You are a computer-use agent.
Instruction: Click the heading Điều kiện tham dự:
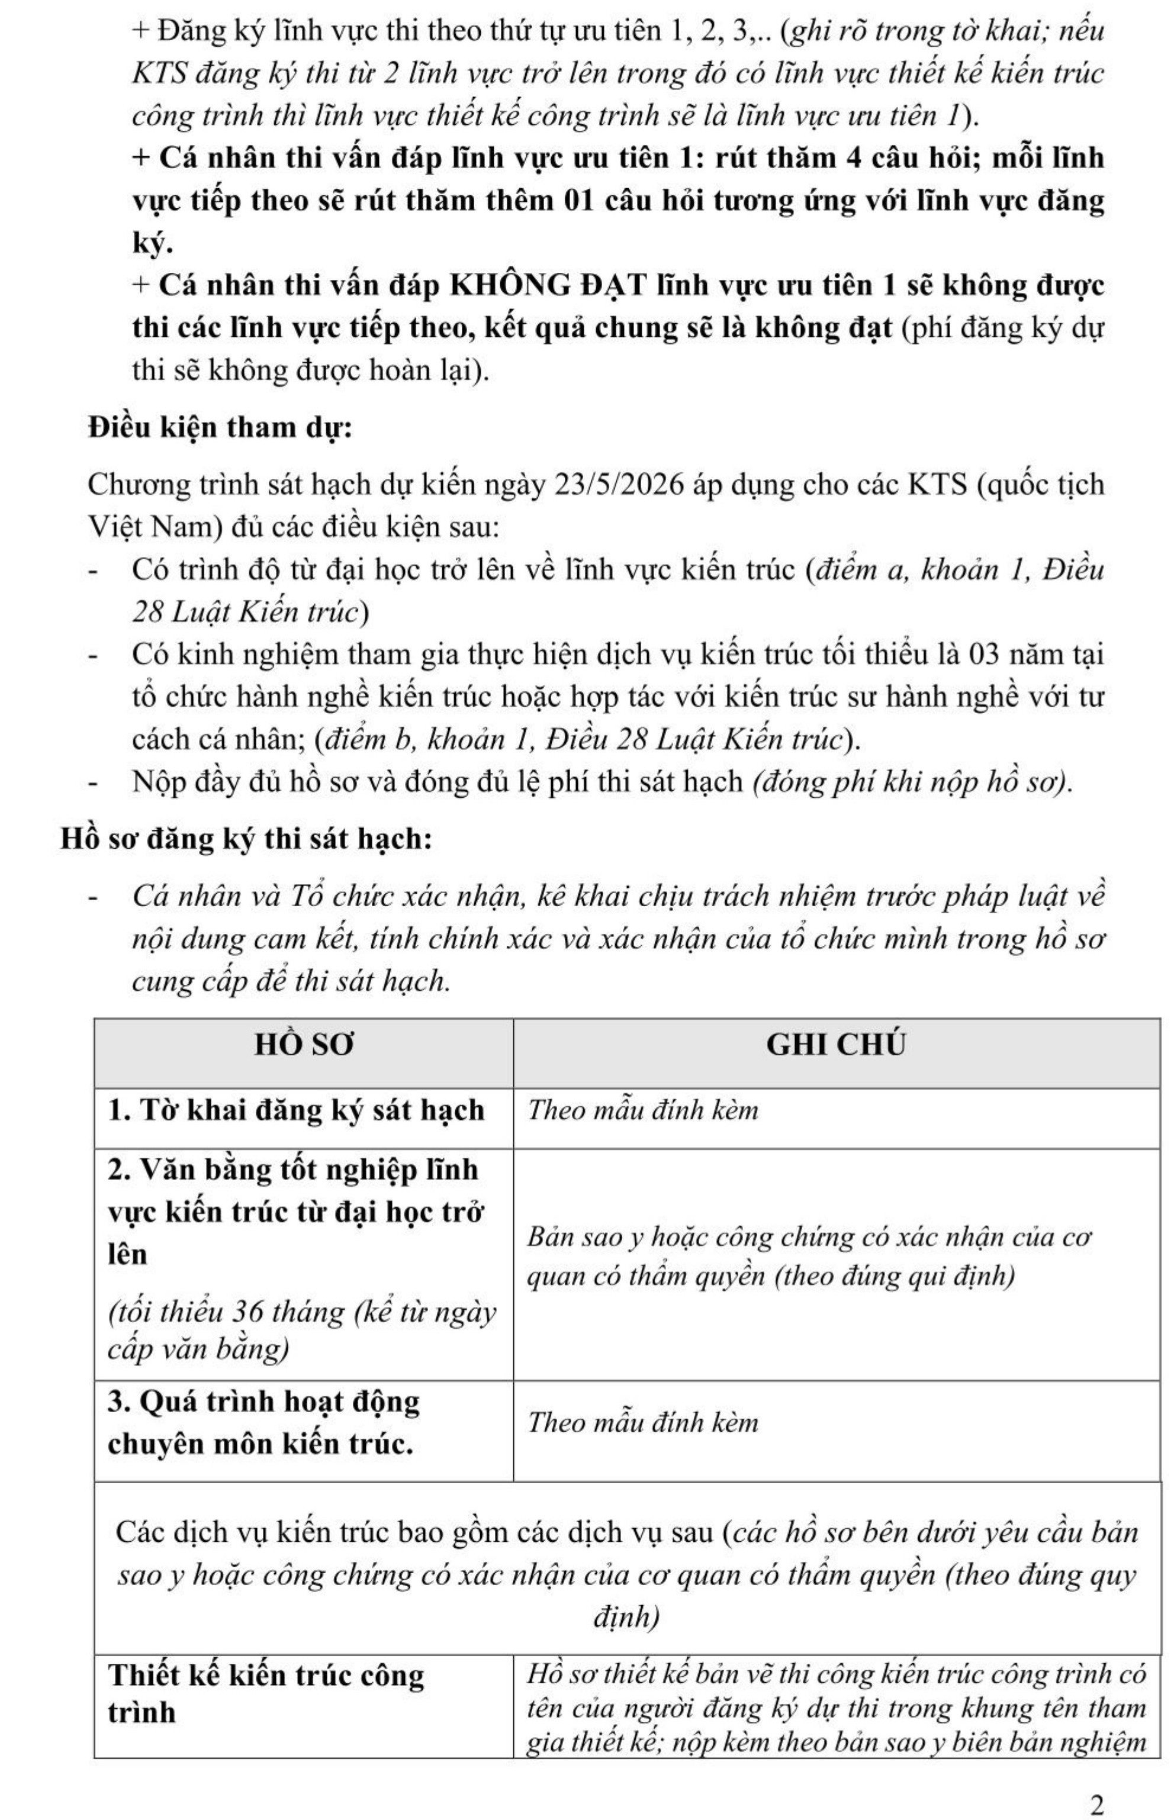pos(220,427)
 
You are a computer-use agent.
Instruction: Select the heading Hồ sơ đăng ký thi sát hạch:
pos(247,838)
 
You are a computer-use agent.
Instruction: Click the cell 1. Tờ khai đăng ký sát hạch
pos(296,1110)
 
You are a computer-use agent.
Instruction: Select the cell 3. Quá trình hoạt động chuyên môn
pos(264,1422)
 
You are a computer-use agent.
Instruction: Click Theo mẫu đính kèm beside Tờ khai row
pos(642,1110)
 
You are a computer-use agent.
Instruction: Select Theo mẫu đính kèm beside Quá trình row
pos(642,1423)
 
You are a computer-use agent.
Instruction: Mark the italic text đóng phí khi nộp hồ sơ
pos(912,782)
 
